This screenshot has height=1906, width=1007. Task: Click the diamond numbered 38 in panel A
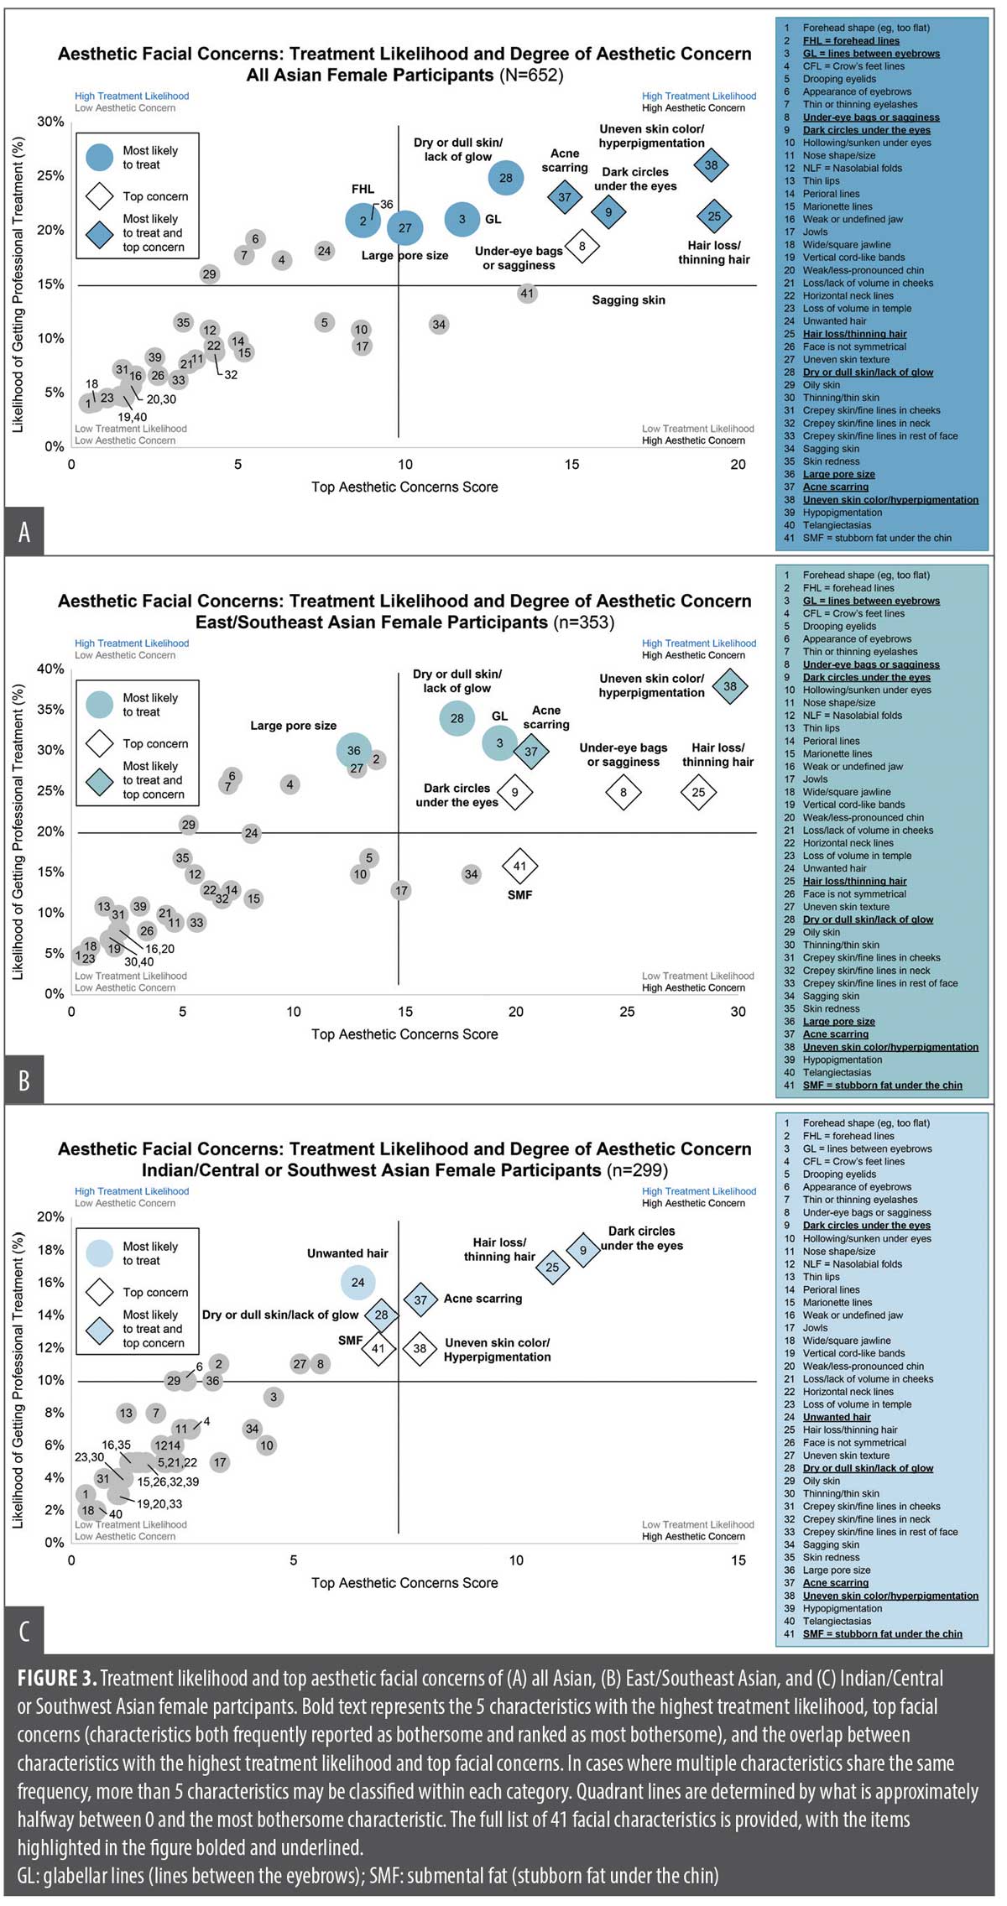click(x=711, y=165)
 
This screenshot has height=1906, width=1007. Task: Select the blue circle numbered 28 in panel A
click(x=506, y=178)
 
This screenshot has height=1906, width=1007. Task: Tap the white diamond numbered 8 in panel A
click(x=582, y=247)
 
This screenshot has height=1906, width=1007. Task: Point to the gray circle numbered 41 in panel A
click(x=526, y=294)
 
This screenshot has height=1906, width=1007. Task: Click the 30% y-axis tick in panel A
click(x=50, y=122)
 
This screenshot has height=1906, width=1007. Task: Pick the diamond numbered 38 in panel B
click(x=730, y=686)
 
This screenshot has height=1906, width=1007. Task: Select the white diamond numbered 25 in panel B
click(x=698, y=792)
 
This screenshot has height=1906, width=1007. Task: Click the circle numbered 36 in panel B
click(x=354, y=751)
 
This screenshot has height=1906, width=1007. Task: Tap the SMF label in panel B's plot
click(x=520, y=895)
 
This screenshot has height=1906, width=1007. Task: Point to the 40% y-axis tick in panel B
click(x=50, y=669)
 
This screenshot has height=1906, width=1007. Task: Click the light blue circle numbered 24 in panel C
click(x=357, y=1283)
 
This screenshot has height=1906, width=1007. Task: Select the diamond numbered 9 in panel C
click(x=582, y=1251)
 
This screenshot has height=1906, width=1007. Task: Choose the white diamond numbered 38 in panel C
click(x=420, y=1349)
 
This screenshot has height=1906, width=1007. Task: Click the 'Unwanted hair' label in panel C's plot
click(x=347, y=1253)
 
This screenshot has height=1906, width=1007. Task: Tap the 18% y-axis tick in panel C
click(x=50, y=1250)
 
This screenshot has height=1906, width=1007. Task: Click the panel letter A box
click(x=24, y=530)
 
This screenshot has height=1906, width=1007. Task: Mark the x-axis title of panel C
click(x=404, y=1583)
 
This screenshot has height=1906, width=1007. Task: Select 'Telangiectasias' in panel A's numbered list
click(x=837, y=525)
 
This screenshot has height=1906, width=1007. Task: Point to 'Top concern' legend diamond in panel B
click(x=100, y=743)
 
